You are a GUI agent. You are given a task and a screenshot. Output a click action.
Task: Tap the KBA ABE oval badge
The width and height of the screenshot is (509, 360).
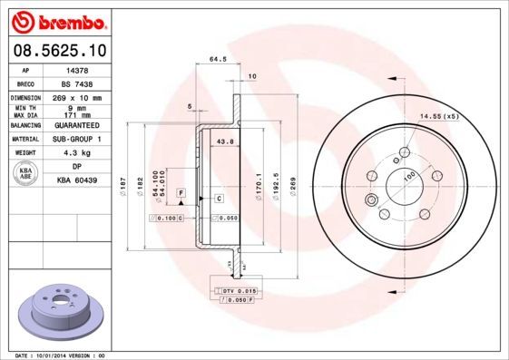(x=26, y=172)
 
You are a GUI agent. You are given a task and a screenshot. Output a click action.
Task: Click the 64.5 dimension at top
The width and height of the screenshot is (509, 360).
(x=218, y=60)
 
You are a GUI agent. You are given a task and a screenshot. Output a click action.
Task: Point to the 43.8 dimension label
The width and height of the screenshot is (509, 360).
(x=226, y=142)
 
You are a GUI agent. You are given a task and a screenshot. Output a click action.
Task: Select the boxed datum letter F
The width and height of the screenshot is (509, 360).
(x=181, y=194)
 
